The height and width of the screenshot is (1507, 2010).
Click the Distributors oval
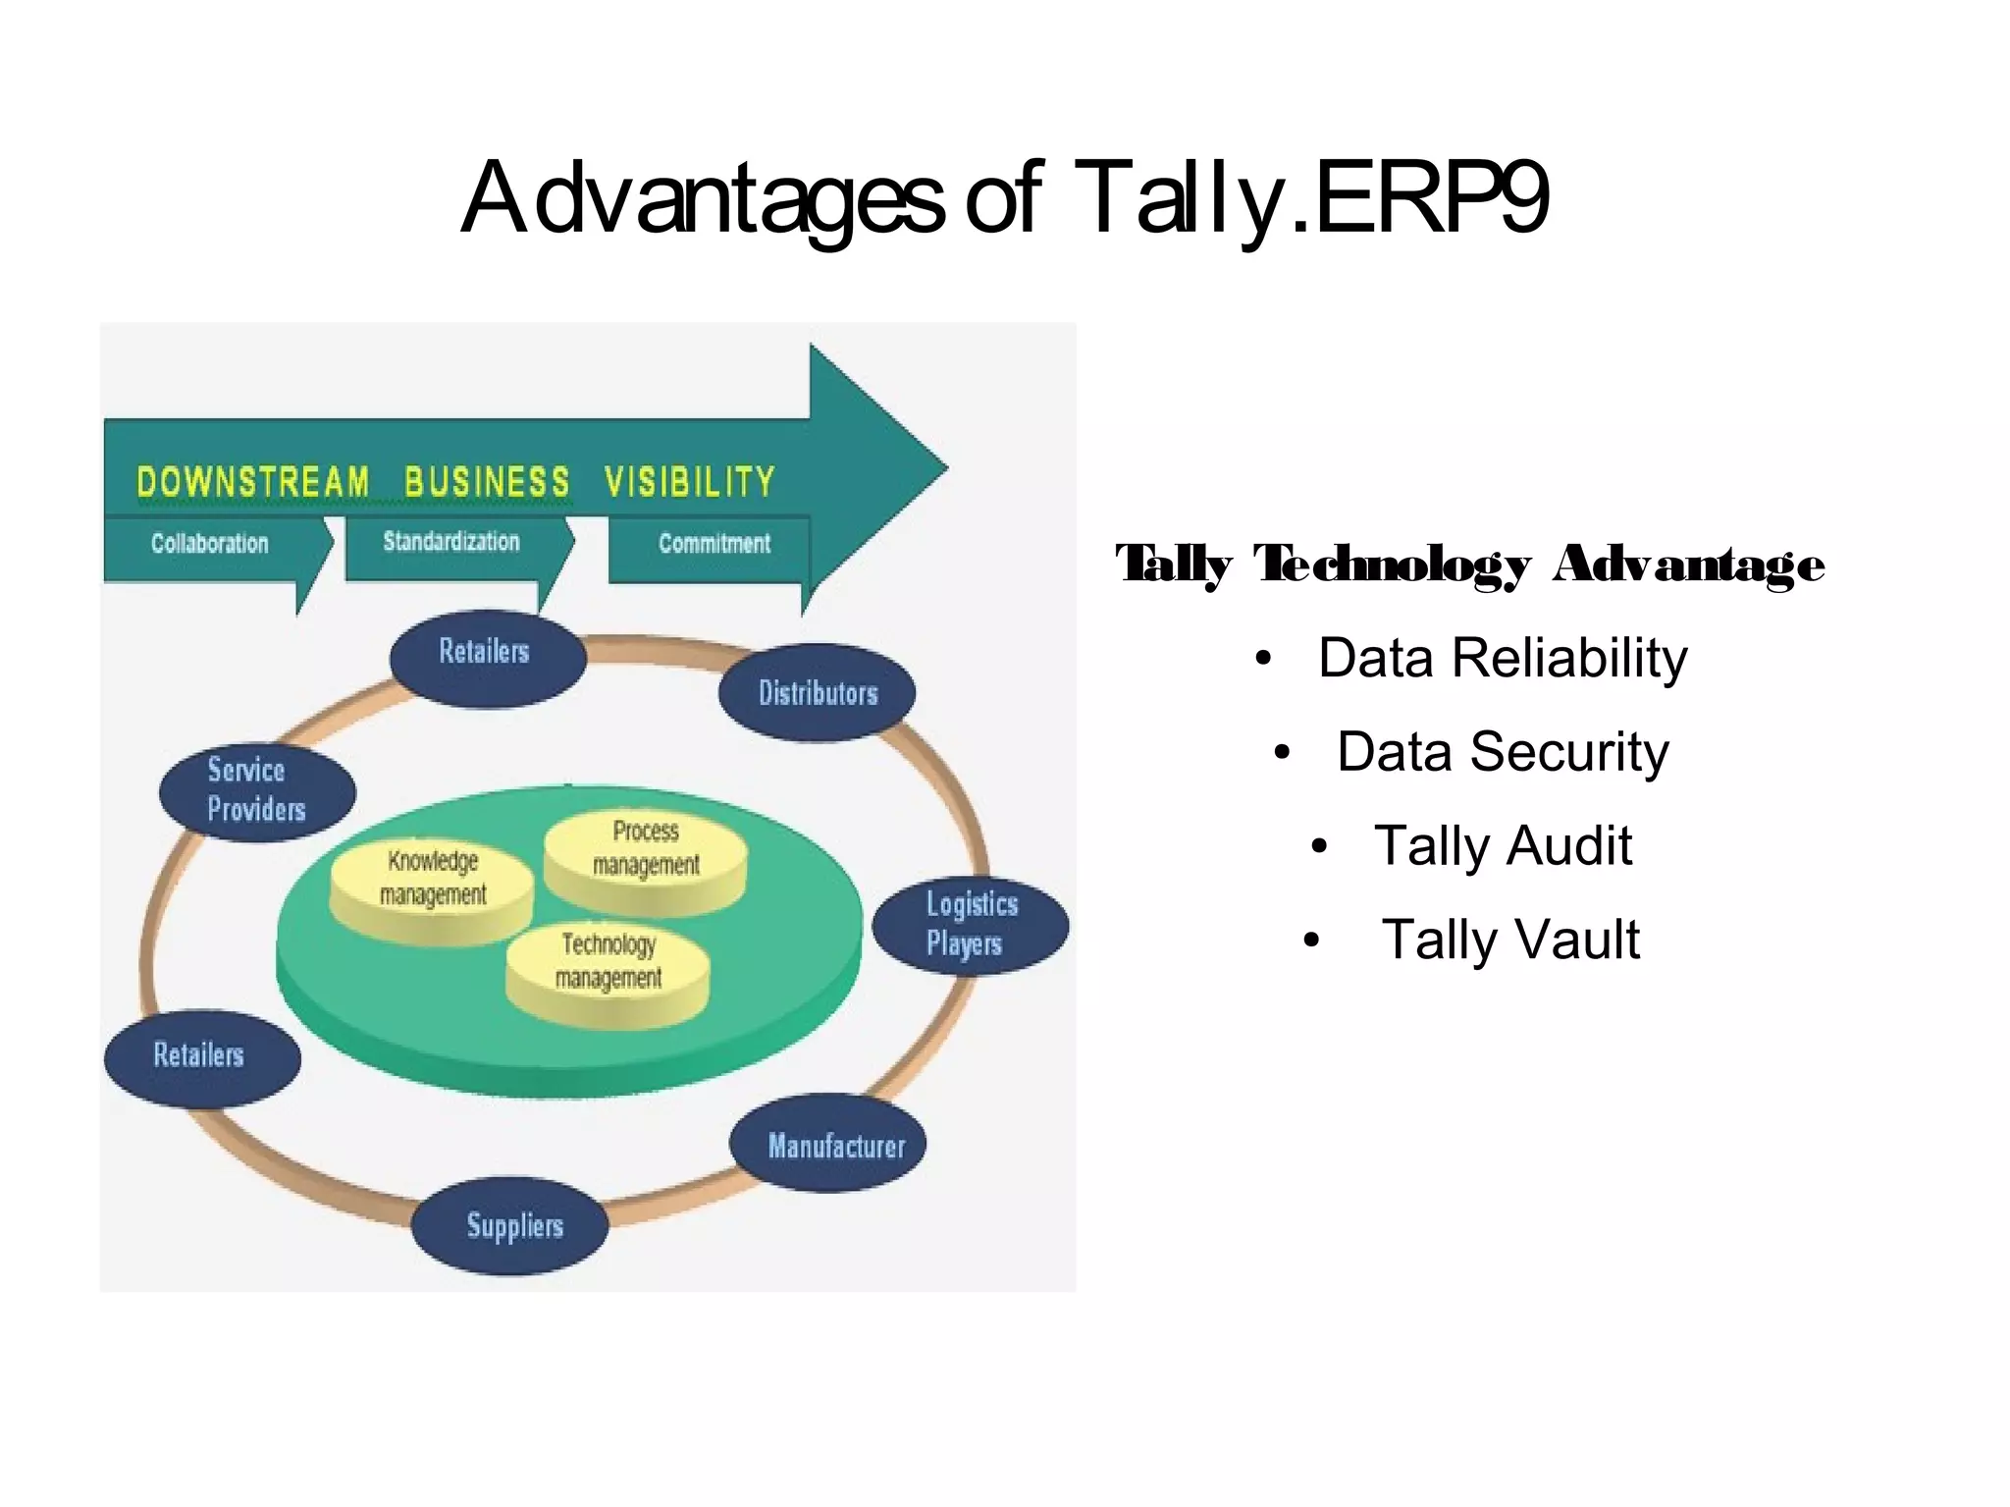[x=817, y=693]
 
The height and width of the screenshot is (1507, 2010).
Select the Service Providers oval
[x=257, y=790]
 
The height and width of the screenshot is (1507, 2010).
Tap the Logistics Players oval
[x=970, y=924]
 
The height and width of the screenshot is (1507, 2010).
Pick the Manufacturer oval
[x=828, y=1144]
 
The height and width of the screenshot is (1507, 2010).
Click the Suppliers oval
[x=510, y=1225]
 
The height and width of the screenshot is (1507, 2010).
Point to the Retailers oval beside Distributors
[x=488, y=657]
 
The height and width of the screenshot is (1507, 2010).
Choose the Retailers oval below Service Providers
[x=202, y=1057]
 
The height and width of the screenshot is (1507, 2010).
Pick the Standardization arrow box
[x=451, y=542]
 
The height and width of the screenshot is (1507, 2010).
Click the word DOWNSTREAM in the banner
[x=252, y=482]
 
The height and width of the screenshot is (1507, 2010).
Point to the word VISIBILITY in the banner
[x=689, y=482]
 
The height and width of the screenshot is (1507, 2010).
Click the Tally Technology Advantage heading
[x=1469, y=565]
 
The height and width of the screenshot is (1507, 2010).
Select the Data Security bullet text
[x=1502, y=752]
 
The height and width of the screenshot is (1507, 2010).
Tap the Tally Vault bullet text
[x=1509, y=940]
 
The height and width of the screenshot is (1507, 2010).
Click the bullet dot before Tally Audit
[x=1319, y=846]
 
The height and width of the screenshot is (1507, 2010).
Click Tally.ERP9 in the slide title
[x=1310, y=198]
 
